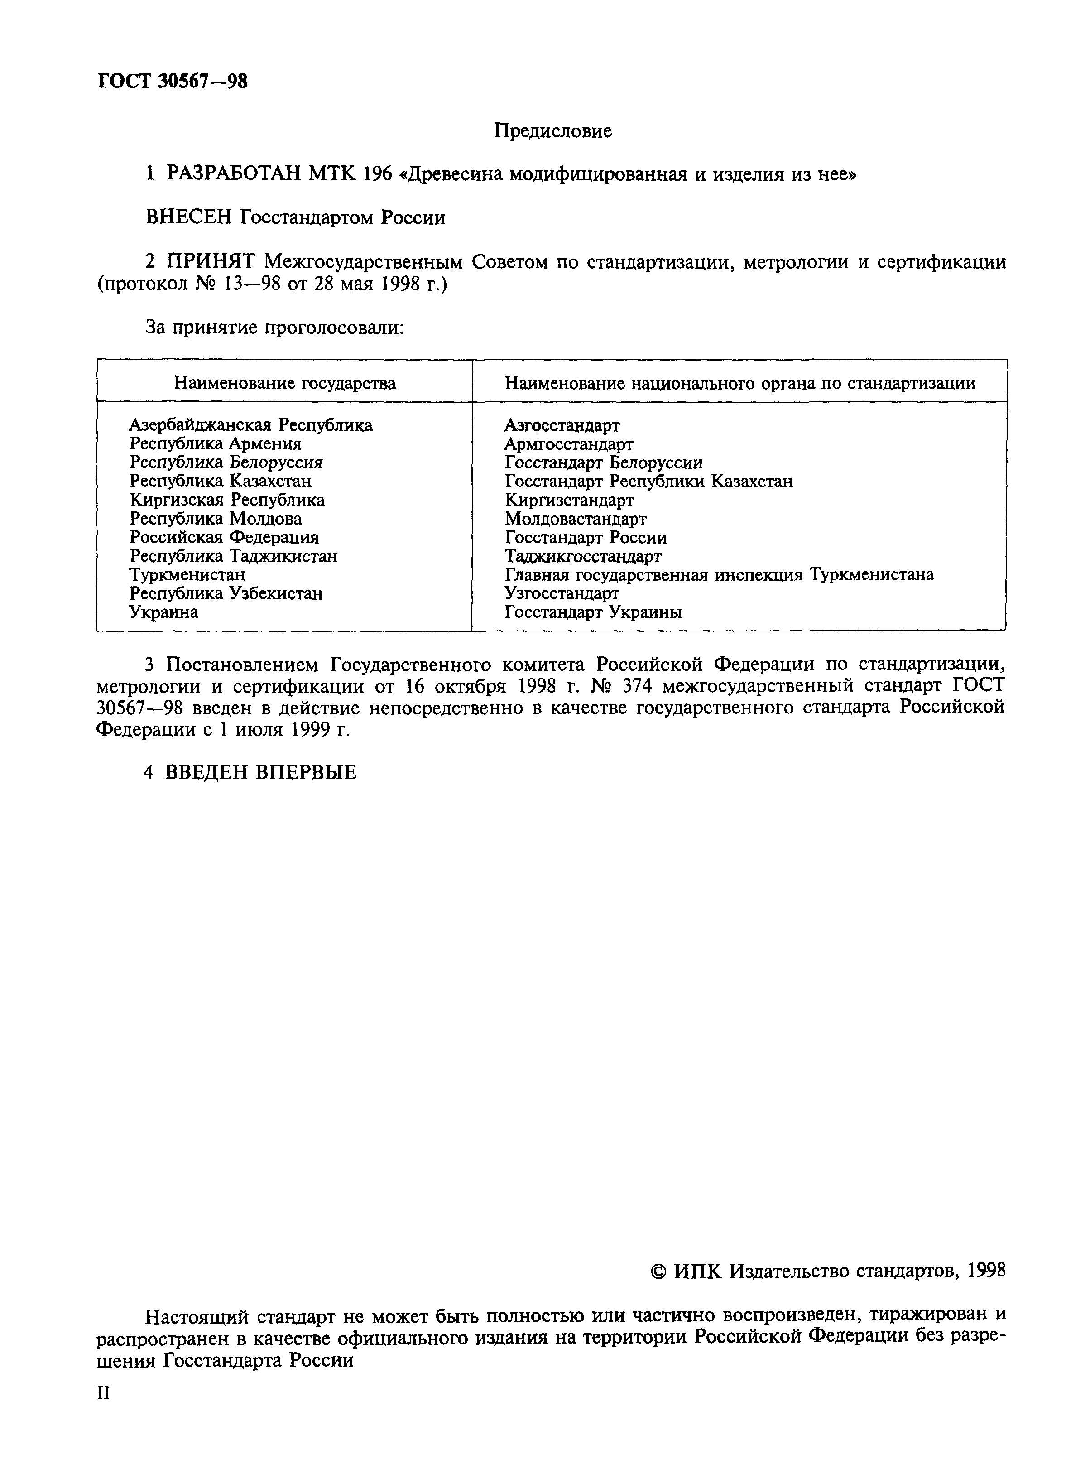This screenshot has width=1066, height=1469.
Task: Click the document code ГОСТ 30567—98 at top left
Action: [x=172, y=82]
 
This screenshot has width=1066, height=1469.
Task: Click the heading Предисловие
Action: [x=552, y=131]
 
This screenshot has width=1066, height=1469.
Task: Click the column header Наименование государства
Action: [x=284, y=383]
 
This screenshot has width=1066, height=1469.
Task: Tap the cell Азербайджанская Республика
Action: [x=250, y=425]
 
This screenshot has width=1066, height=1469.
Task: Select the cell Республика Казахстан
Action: [x=220, y=481]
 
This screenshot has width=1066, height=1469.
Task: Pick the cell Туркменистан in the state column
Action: [x=187, y=574]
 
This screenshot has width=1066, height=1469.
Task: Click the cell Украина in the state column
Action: [x=164, y=612]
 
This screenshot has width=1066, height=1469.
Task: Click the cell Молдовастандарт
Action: [x=575, y=519]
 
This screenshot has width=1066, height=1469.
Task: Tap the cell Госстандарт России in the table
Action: [x=586, y=538]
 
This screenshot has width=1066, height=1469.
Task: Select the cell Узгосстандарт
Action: [x=562, y=593]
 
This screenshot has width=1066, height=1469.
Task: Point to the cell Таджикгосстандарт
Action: [x=583, y=556]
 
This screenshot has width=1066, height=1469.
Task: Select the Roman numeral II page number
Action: [x=104, y=1392]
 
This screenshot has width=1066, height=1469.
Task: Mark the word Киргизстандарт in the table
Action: [x=569, y=500]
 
